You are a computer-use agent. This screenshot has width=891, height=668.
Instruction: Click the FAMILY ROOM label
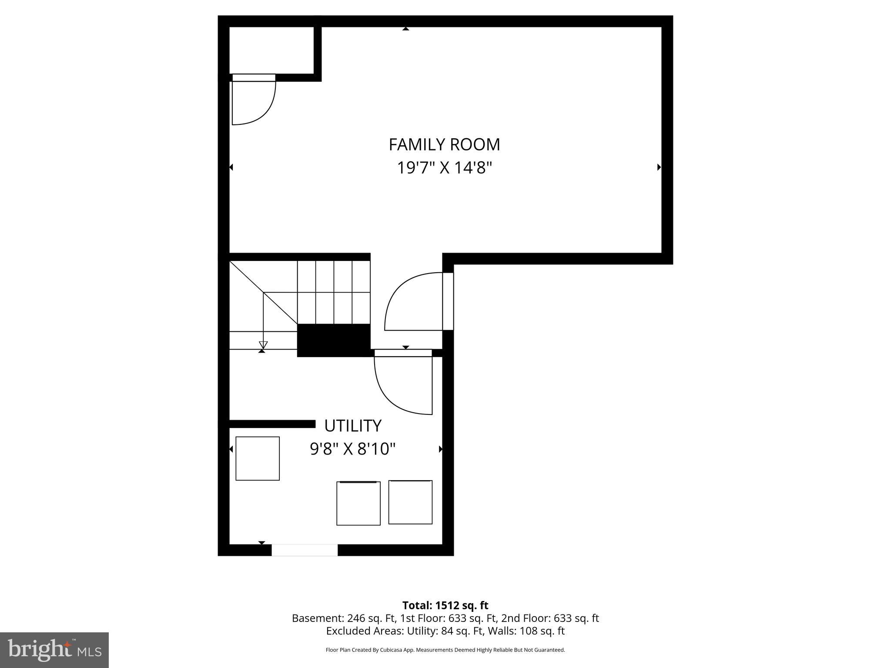[x=444, y=144]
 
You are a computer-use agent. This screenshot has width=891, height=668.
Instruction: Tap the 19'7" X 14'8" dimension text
[x=444, y=167]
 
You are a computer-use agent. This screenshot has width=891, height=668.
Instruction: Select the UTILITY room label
[x=353, y=426]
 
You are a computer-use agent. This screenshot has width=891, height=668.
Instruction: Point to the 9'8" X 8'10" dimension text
[x=352, y=449]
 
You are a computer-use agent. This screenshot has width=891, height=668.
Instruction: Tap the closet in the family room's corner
[x=271, y=50]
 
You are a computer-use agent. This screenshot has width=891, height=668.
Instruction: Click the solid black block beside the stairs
[x=334, y=340]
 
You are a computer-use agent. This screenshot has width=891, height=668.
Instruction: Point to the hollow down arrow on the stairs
[x=263, y=345]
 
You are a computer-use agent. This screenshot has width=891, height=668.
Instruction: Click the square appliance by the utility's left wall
[x=258, y=458]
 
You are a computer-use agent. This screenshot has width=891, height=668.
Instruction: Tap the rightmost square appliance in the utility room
[x=410, y=502]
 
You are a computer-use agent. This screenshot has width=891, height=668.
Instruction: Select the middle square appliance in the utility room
[x=358, y=503]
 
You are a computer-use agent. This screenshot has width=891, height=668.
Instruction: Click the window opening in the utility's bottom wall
[x=305, y=550]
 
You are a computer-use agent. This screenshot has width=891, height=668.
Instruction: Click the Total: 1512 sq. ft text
[x=445, y=605]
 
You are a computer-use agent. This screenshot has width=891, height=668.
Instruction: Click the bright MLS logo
[x=54, y=650]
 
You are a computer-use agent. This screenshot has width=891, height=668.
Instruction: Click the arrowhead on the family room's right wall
[x=659, y=167]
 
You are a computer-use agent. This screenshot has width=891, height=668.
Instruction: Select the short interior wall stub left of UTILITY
[x=272, y=424]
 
